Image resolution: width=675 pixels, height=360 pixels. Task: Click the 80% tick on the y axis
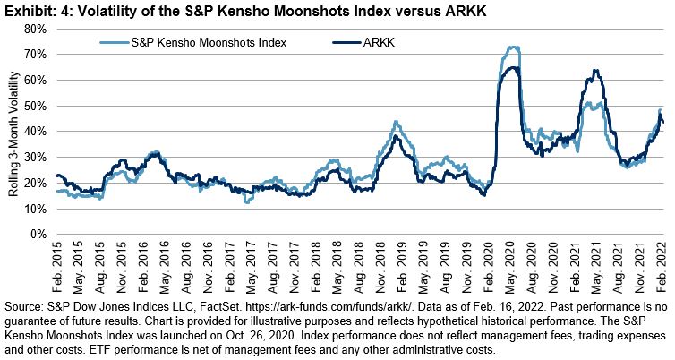point(35,29)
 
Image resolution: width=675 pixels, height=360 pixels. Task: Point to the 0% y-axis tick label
point(38,235)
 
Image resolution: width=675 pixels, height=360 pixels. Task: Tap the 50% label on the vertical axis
point(35,106)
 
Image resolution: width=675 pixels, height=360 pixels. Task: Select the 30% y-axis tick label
point(35,158)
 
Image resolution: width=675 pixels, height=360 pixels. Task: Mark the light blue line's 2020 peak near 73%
point(513,47)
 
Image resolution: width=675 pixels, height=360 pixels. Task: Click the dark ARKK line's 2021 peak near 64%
point(595,71)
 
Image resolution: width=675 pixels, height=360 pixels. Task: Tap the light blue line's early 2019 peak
point(396,122)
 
